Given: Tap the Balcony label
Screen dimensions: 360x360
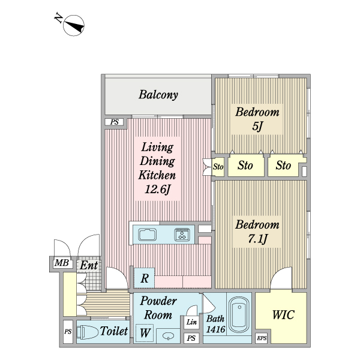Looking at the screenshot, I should pos(158,95).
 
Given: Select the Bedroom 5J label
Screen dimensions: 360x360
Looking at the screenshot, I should pos(257,119).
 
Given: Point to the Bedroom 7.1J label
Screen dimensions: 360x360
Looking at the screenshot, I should pos(257,232).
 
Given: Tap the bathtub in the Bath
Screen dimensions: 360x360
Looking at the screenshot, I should pos(240,314).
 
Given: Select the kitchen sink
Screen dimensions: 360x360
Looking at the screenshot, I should pos(147,235).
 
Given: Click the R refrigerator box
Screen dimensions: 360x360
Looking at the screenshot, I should pos(145,278).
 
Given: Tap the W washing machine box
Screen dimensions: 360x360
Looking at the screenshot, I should pos(145,332).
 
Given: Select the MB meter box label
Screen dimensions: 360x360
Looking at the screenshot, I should pos(61,263).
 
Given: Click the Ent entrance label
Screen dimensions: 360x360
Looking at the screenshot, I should pos(89,264).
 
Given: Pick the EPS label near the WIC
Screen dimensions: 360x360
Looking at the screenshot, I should pos(261,338).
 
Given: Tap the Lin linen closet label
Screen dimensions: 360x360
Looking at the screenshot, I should pos(191,323).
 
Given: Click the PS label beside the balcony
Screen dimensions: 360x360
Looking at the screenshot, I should pos(115,122).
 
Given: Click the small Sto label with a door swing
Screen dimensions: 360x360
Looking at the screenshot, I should pos(218,167).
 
